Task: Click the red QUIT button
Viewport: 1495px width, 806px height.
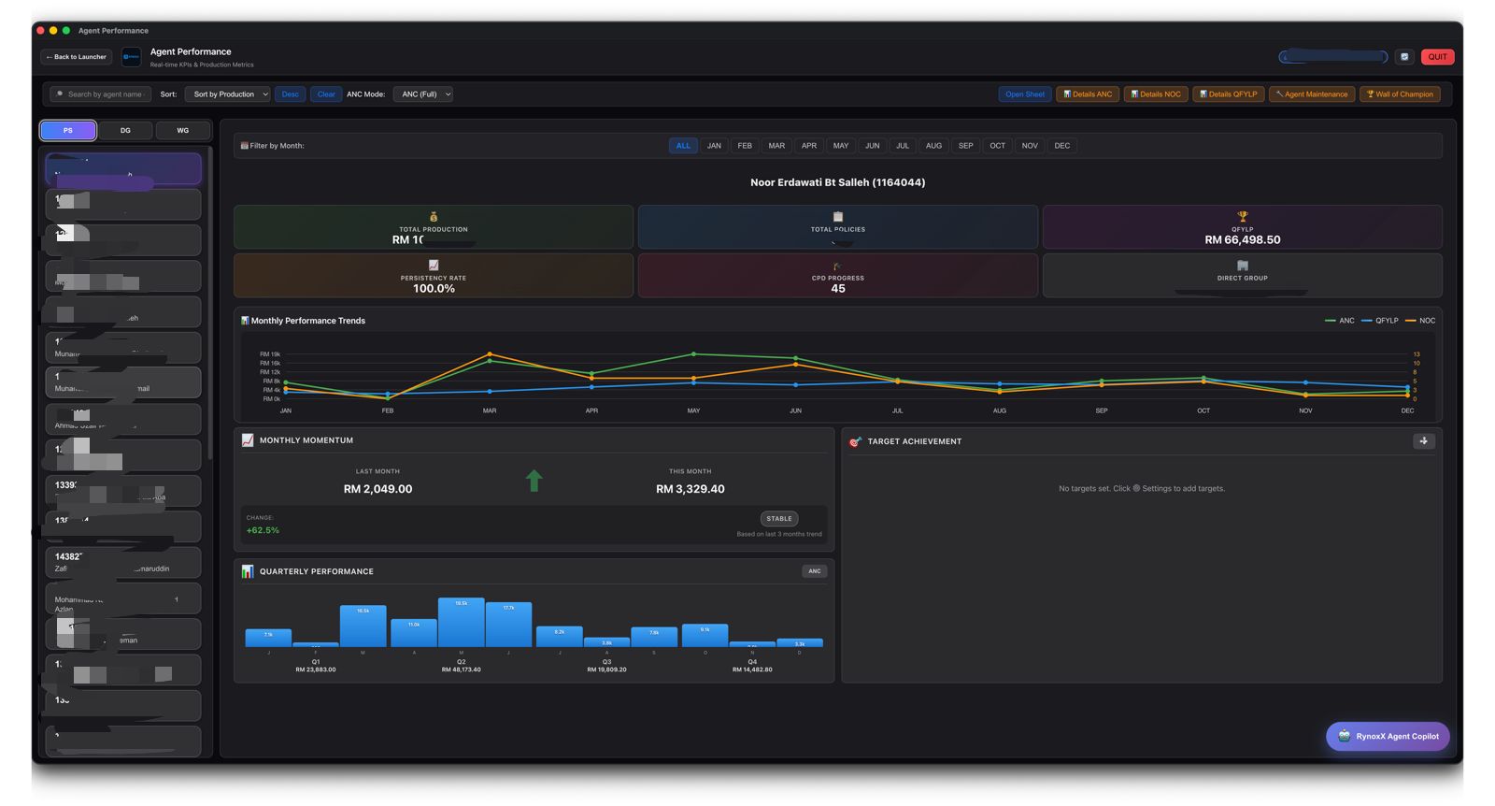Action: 1437,57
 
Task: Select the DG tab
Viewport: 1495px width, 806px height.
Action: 125,130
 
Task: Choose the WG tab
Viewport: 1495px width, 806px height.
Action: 182,130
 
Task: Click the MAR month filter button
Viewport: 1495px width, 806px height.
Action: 776,146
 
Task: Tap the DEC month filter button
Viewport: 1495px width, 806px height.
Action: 1061,146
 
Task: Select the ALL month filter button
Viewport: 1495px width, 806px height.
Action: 683,146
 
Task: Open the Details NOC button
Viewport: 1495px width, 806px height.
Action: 1156,94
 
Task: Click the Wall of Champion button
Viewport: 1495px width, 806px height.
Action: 1400,94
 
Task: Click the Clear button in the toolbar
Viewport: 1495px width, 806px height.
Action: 326,94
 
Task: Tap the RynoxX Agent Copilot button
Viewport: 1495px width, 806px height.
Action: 1388,736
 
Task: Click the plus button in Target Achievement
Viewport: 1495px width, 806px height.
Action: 1423,441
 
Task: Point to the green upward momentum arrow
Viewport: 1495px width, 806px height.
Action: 534,481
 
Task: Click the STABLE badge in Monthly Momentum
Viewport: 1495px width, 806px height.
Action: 778,518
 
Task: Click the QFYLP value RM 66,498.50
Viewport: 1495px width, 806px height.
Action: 1242,240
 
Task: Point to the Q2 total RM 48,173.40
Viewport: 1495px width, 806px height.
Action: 461,669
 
